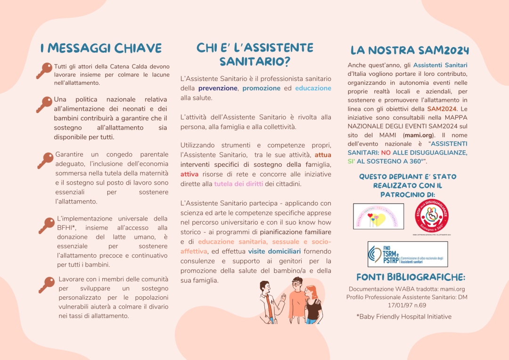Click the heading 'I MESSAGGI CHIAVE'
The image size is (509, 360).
coord(101,48)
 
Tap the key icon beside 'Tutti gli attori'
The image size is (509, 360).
coord(44,71)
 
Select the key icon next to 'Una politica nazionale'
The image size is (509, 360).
coord(44,104)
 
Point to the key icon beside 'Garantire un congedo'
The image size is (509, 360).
coord(45,160)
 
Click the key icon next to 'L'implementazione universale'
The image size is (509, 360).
coord(46,225)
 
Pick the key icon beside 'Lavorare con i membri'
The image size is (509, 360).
coord(46,285)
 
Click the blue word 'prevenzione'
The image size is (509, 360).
coord(218,88)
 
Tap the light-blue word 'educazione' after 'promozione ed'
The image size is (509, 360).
coord(313,88)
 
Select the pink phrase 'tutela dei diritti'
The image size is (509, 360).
coord(238,184)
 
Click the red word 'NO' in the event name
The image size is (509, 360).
coord(386,153)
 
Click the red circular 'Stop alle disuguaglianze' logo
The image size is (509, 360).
coord(431,216)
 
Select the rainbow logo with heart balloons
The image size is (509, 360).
coord(378,217)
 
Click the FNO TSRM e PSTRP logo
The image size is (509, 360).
coord(407,254)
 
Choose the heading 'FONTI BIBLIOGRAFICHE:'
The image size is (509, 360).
coord(410,277)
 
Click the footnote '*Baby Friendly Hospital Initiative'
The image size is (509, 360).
coord(404,317)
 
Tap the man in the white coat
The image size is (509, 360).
coord(271,300)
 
